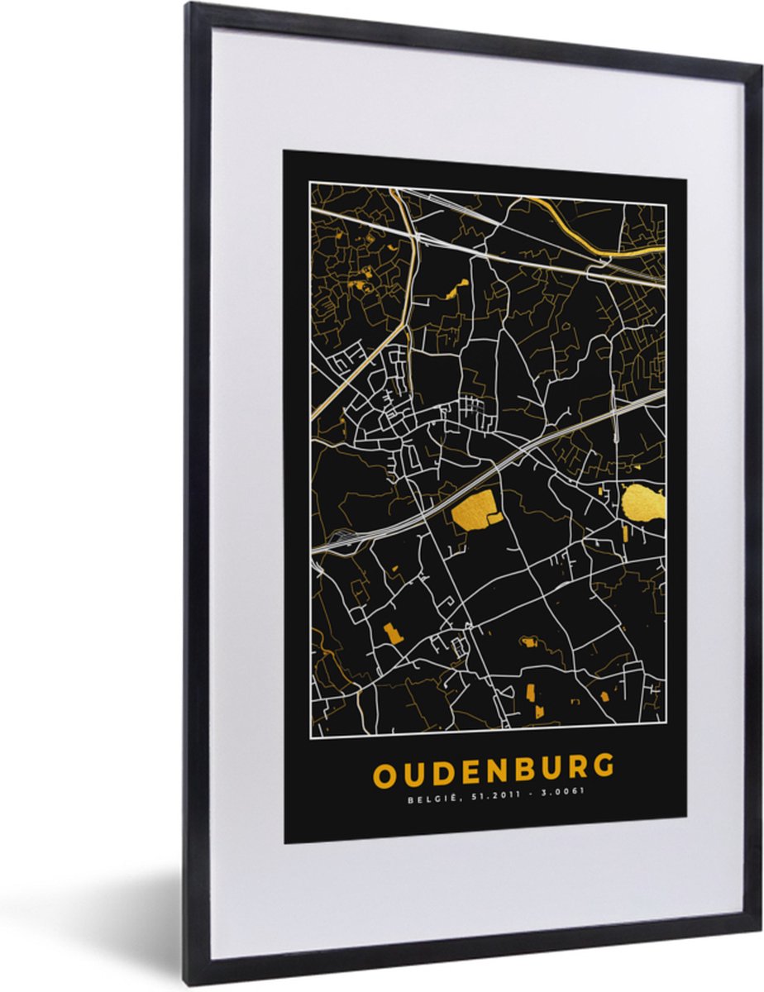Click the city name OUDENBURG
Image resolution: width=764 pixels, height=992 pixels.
click(x=494, y=771)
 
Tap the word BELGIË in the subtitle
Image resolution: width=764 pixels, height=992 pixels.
click(x=425, y=799)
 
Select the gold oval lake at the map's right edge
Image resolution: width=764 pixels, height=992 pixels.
click(x=642, y=503)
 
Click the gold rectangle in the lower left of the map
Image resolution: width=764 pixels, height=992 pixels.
click(x=393, y=633)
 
